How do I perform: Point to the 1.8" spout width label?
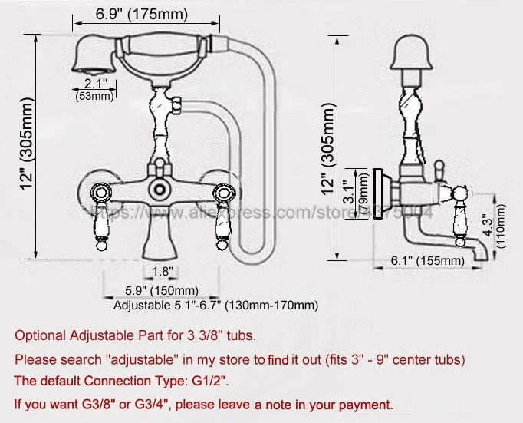(163, 270)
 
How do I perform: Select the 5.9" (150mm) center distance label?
(162, 290)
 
